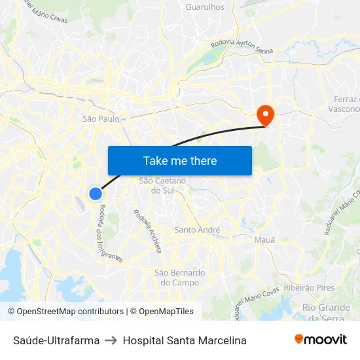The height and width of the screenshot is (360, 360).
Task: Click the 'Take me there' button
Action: point(180,160)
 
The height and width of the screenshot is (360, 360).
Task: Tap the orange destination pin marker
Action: point(266,115)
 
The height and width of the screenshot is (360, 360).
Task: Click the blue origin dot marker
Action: point(96,193)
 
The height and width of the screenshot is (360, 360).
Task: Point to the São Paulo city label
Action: point(101,118)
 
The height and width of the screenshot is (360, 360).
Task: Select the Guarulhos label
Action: point(205,7)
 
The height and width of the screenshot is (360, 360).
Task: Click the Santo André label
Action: point(197,230)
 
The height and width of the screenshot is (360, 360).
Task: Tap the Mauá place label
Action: point(264,240)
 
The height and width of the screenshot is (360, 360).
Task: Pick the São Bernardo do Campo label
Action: point(179,278)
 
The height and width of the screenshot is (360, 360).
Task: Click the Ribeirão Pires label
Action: point(309,287)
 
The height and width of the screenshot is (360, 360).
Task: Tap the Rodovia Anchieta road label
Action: point(147,226)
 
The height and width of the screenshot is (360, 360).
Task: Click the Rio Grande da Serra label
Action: point(326,312)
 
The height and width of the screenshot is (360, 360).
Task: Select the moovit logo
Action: point(321,340)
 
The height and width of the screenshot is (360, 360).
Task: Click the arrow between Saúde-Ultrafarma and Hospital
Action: point(111,340)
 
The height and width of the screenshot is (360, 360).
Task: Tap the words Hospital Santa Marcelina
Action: point(185,340)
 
